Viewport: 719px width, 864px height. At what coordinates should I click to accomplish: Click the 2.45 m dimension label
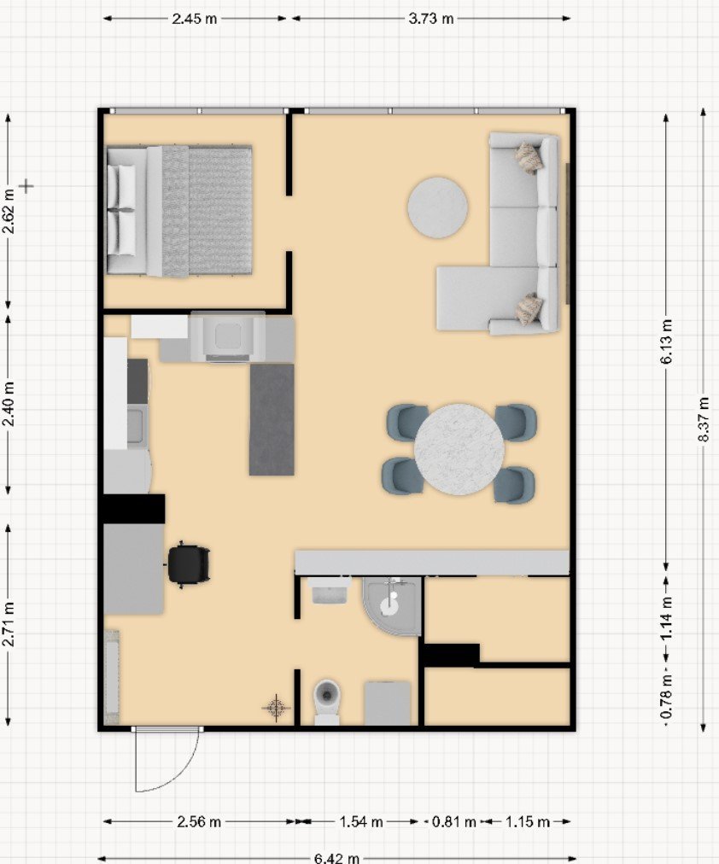click(195, 19)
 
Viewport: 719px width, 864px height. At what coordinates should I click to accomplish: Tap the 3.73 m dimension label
click(431, 19)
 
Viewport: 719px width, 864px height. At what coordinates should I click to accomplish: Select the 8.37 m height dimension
click(704, 419)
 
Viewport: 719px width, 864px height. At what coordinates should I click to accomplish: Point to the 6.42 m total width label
click(336, 858)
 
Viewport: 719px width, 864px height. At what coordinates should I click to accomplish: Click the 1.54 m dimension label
click(361, 821)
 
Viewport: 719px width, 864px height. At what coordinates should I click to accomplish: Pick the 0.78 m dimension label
click(666, 697)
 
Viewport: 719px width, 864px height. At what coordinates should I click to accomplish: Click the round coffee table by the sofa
click(437, 207)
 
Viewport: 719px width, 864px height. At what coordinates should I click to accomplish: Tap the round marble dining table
click(459, 449)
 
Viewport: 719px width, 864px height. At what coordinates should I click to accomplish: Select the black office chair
click(188, 563)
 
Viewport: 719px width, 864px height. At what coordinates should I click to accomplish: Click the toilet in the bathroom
click(327, 701)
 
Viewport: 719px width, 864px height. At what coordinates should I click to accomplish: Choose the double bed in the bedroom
click(179, 210)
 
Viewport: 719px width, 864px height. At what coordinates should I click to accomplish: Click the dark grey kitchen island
click(272, 419)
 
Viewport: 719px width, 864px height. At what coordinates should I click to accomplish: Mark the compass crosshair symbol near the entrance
click(276, 707)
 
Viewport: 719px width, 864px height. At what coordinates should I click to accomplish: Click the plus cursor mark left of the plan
click(26, 186)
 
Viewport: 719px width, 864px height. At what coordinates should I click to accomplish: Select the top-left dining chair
click(406, 422)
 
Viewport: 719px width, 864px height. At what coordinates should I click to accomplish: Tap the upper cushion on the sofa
click(529, 157)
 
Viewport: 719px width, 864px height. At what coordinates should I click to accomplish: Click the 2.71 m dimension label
click(9, 624)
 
